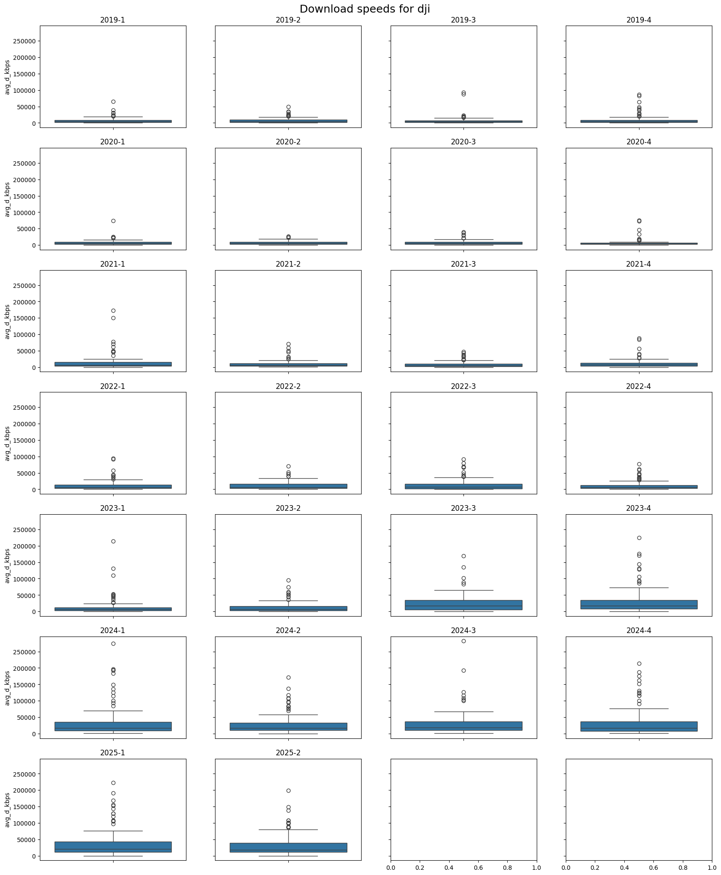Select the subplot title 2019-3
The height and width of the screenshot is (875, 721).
pos(463,20)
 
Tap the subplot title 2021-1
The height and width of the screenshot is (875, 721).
pos(113,264)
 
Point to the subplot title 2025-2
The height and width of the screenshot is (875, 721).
pos(288,753)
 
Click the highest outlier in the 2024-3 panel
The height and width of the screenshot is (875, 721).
pos(463,641)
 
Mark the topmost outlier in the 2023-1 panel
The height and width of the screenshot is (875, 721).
pos(113,541)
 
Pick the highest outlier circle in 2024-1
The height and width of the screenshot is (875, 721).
pos(113,643)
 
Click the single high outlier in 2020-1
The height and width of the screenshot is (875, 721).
pos(113,221)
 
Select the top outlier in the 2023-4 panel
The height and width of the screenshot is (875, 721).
pos(639,538)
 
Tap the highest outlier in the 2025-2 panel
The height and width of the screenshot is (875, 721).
pos(288,790)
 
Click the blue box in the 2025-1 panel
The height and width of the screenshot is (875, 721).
pos(113,847)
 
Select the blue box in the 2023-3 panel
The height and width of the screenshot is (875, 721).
pos(463,605)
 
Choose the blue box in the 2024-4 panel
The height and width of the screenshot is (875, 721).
pos(639,726)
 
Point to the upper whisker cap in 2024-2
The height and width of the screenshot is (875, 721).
pos(288,715)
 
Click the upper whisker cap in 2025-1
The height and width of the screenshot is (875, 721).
pos(113,831)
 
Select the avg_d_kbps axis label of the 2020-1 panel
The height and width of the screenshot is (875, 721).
pos(7,199)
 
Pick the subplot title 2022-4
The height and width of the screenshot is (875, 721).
pos(638,386)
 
